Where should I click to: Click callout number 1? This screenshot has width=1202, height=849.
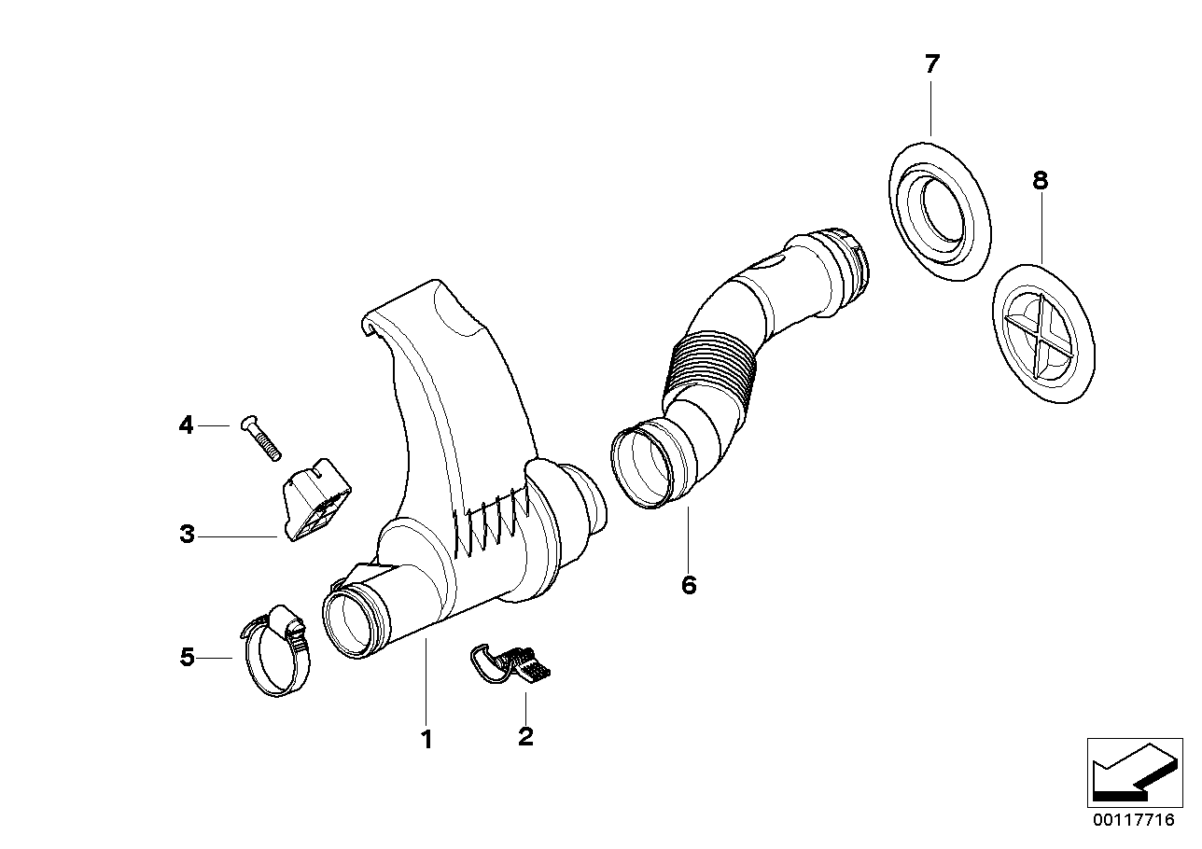pyautogui.click(x=426, y=741)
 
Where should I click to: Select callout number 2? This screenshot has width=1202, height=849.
pyautogui.click(x=525, y=737)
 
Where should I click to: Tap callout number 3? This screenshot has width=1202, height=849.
pyautogui.click(x=188, y=536)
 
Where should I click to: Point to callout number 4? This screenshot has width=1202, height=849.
pyautogui.click(x=187, y=426)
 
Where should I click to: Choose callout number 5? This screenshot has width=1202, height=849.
pyautogui.click(x=188, y=658)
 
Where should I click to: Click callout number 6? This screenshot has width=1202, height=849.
pyautogui.click(x=689, y=585)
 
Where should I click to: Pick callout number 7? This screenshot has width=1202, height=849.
pyautogui.click(x=931, y=64)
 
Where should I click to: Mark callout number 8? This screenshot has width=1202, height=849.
pyautogui.click(x=1040, y=181)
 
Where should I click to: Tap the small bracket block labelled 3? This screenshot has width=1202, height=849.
pyautogui.click(x=317, y=500)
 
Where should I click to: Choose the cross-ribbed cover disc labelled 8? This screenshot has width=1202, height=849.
pyautogui.click(x=1044, y=332)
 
